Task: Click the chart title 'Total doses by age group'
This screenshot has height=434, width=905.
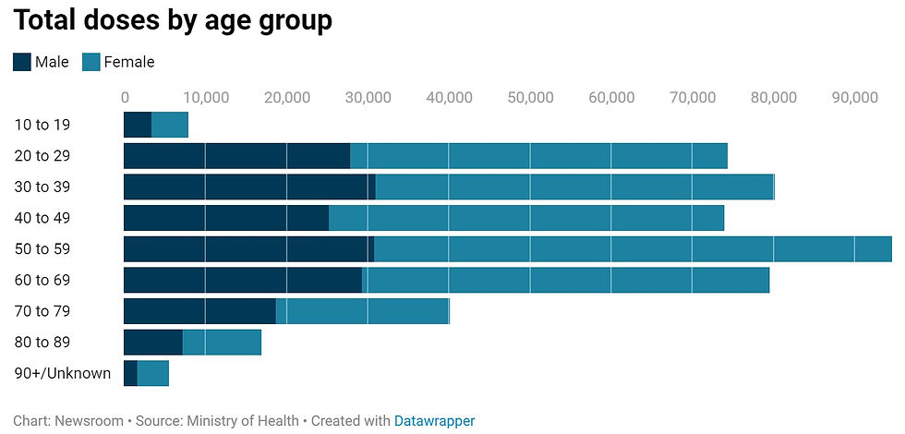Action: [172, 20]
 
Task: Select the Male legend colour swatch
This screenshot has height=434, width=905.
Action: [22, 62]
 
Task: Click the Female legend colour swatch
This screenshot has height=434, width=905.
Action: [90, 62]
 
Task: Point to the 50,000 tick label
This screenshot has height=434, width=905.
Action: [530, 96]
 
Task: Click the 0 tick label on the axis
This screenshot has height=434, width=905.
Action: [125, 96]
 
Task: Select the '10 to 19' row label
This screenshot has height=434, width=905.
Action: [42, 125]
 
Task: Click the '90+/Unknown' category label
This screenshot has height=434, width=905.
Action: [62, 373]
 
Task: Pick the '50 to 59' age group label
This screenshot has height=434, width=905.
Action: [42, 248]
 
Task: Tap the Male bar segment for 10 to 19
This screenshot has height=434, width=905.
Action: [138, 125]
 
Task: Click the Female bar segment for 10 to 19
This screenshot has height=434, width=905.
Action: [170, 125]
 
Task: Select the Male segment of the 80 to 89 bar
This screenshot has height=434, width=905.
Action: [153, 342]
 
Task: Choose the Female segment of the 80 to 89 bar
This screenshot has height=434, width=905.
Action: [222, 342]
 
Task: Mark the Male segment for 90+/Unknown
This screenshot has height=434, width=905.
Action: [130, 373]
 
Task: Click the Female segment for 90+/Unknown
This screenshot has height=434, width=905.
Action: [153, 373]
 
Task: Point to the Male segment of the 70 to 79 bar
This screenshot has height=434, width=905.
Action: [199, 311]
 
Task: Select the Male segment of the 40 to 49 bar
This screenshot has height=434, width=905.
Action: [226, 218]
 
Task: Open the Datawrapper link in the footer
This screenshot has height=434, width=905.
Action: [434, 421]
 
